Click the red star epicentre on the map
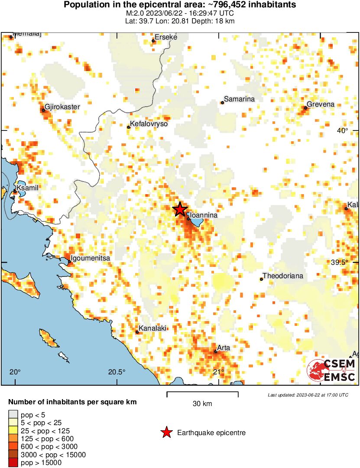tap(180, 209)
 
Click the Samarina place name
tap(239, 99)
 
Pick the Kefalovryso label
tap(149, 124)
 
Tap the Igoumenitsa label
tap(91, 258)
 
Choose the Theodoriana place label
tap(283, 276)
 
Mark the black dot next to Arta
tap(215, 351)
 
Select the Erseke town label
tap(166, 37)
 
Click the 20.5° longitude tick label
tap(117, 372)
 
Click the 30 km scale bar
tap(202, 394)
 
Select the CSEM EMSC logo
tap(331, 370)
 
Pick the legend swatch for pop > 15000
tap(13, 463)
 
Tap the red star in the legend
tap(166, 432)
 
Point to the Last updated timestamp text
tap(308, 395)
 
